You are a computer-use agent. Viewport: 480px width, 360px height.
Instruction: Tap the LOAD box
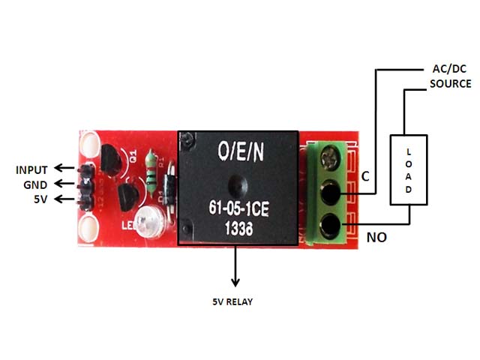409,170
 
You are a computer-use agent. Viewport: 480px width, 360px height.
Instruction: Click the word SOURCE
450,83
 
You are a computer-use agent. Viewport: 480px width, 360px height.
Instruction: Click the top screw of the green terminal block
328,158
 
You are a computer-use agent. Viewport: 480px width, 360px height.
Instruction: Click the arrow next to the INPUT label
67,169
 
